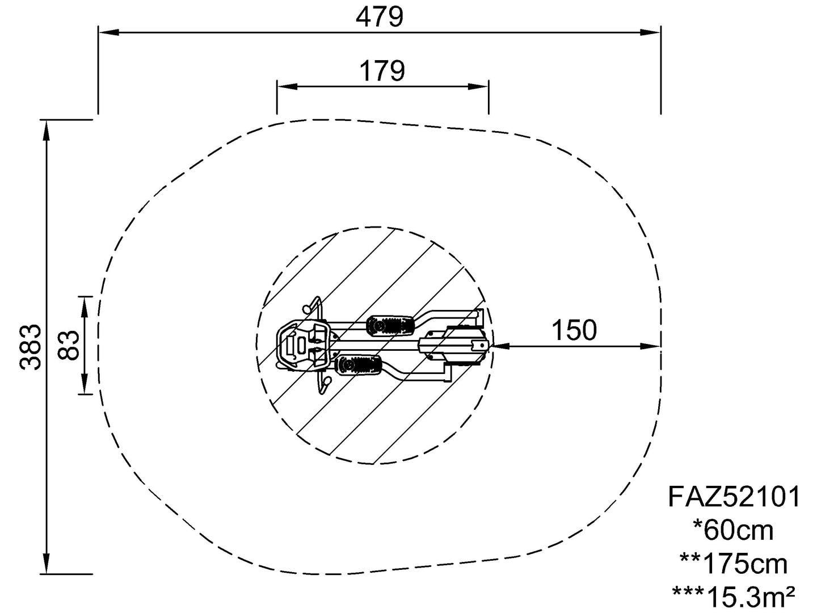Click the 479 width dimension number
click(380, 17)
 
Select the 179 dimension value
click(382, 71)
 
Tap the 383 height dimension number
click(31, 347)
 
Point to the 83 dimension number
click(69, 345)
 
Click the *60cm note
click(733, 531)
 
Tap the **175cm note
click(733, 564)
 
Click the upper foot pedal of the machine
click(390, 326)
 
